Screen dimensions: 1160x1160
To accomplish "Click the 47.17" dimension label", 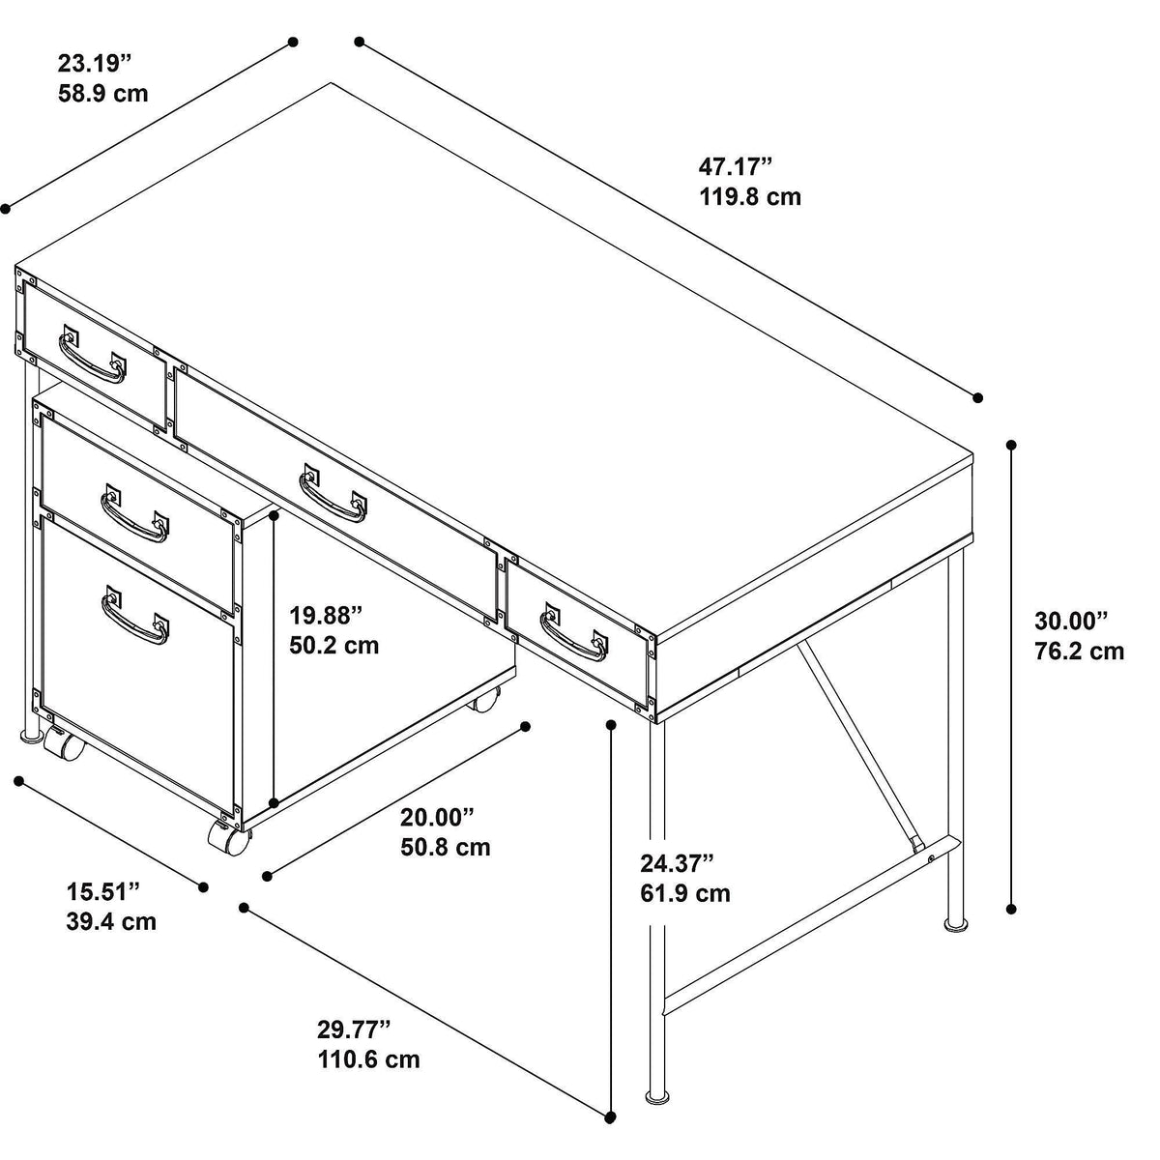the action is click(x=735, y=166).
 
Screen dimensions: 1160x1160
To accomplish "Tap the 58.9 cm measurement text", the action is click(x=102, y=94).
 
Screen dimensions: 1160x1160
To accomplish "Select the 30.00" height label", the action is click(x=1071, y=621).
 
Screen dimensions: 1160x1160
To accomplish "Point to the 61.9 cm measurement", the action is click(x=685, y=893).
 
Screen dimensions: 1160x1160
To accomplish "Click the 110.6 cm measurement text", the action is click(x=368, y=1058).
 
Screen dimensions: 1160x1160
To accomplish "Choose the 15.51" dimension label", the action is click(x=102, y=891).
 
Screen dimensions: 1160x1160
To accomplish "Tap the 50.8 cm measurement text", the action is click(x=446, y=847).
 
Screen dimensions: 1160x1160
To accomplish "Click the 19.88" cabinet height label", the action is click(x=327, y=616).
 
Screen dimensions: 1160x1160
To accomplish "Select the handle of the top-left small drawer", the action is click(x=93, y=355).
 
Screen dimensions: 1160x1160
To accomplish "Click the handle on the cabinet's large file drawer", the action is click(x=134, y=615).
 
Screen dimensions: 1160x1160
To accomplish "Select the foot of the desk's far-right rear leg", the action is click(x=956, y=923).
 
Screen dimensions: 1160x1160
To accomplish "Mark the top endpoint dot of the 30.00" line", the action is click(x=1011, y=446).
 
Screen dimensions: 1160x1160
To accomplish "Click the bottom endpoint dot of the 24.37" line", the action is click(x=611, y=1117).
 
